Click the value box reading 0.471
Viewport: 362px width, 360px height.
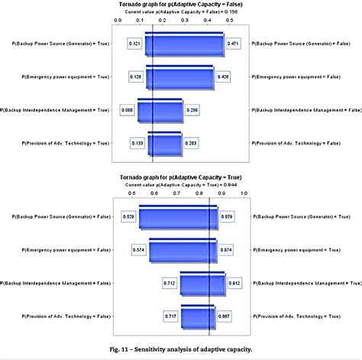pyautogui.click(x=233, y=45)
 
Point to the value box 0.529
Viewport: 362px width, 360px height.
pyautogui.click(x=129, y=217)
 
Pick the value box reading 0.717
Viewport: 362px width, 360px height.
pyautogui.click(x=171, y=316)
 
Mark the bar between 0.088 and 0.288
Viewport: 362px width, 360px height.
pyautogui.click(x=159, y=111)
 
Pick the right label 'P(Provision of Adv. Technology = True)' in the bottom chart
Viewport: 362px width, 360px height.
pyautogui.click(x=301, y=316)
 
